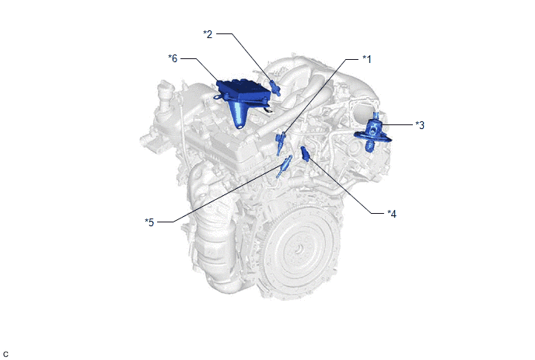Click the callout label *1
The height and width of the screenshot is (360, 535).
[x=367, y=59]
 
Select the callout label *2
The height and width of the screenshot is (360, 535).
[x=208, y=34]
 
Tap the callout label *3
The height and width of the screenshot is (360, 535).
[x=420, y=125]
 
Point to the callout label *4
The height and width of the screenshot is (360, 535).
[x=392, y=214]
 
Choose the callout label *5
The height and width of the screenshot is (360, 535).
[x=149, y=222]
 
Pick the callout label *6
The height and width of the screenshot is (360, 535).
[x=173, y=58]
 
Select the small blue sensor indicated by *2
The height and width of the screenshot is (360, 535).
[x=275, y=88]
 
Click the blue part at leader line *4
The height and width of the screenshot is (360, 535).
[x=305, y=153]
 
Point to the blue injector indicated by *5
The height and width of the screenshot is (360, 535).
[x=284, y=166]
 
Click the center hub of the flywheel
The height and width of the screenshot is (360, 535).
[x=299, y=250]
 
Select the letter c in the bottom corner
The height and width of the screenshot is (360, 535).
[x=5, y=355]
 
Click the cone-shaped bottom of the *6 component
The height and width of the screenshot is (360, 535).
[x=239, y=115]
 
